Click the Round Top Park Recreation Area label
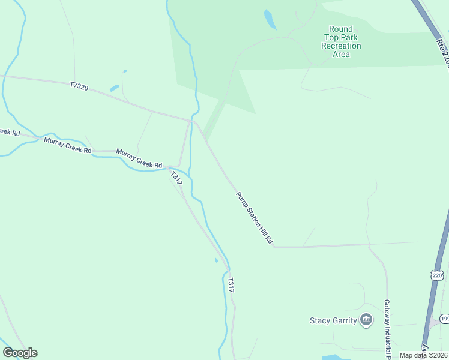(341, 41)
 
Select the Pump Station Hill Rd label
(255, 218)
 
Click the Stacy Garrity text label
(333, 320)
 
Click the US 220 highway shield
(436, 275)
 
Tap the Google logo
(20, 353)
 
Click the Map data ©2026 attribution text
(424, 355)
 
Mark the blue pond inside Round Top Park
(270, 19)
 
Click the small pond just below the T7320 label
(114, 88)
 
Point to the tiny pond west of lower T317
(216, 260)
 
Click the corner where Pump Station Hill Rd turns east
(274, 246)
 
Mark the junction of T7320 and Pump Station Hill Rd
(192, 121)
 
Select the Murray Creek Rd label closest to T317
(139, 159)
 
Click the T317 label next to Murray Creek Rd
(176, 178)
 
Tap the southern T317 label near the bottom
(231, 284)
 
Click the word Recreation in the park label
(341, 46)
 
